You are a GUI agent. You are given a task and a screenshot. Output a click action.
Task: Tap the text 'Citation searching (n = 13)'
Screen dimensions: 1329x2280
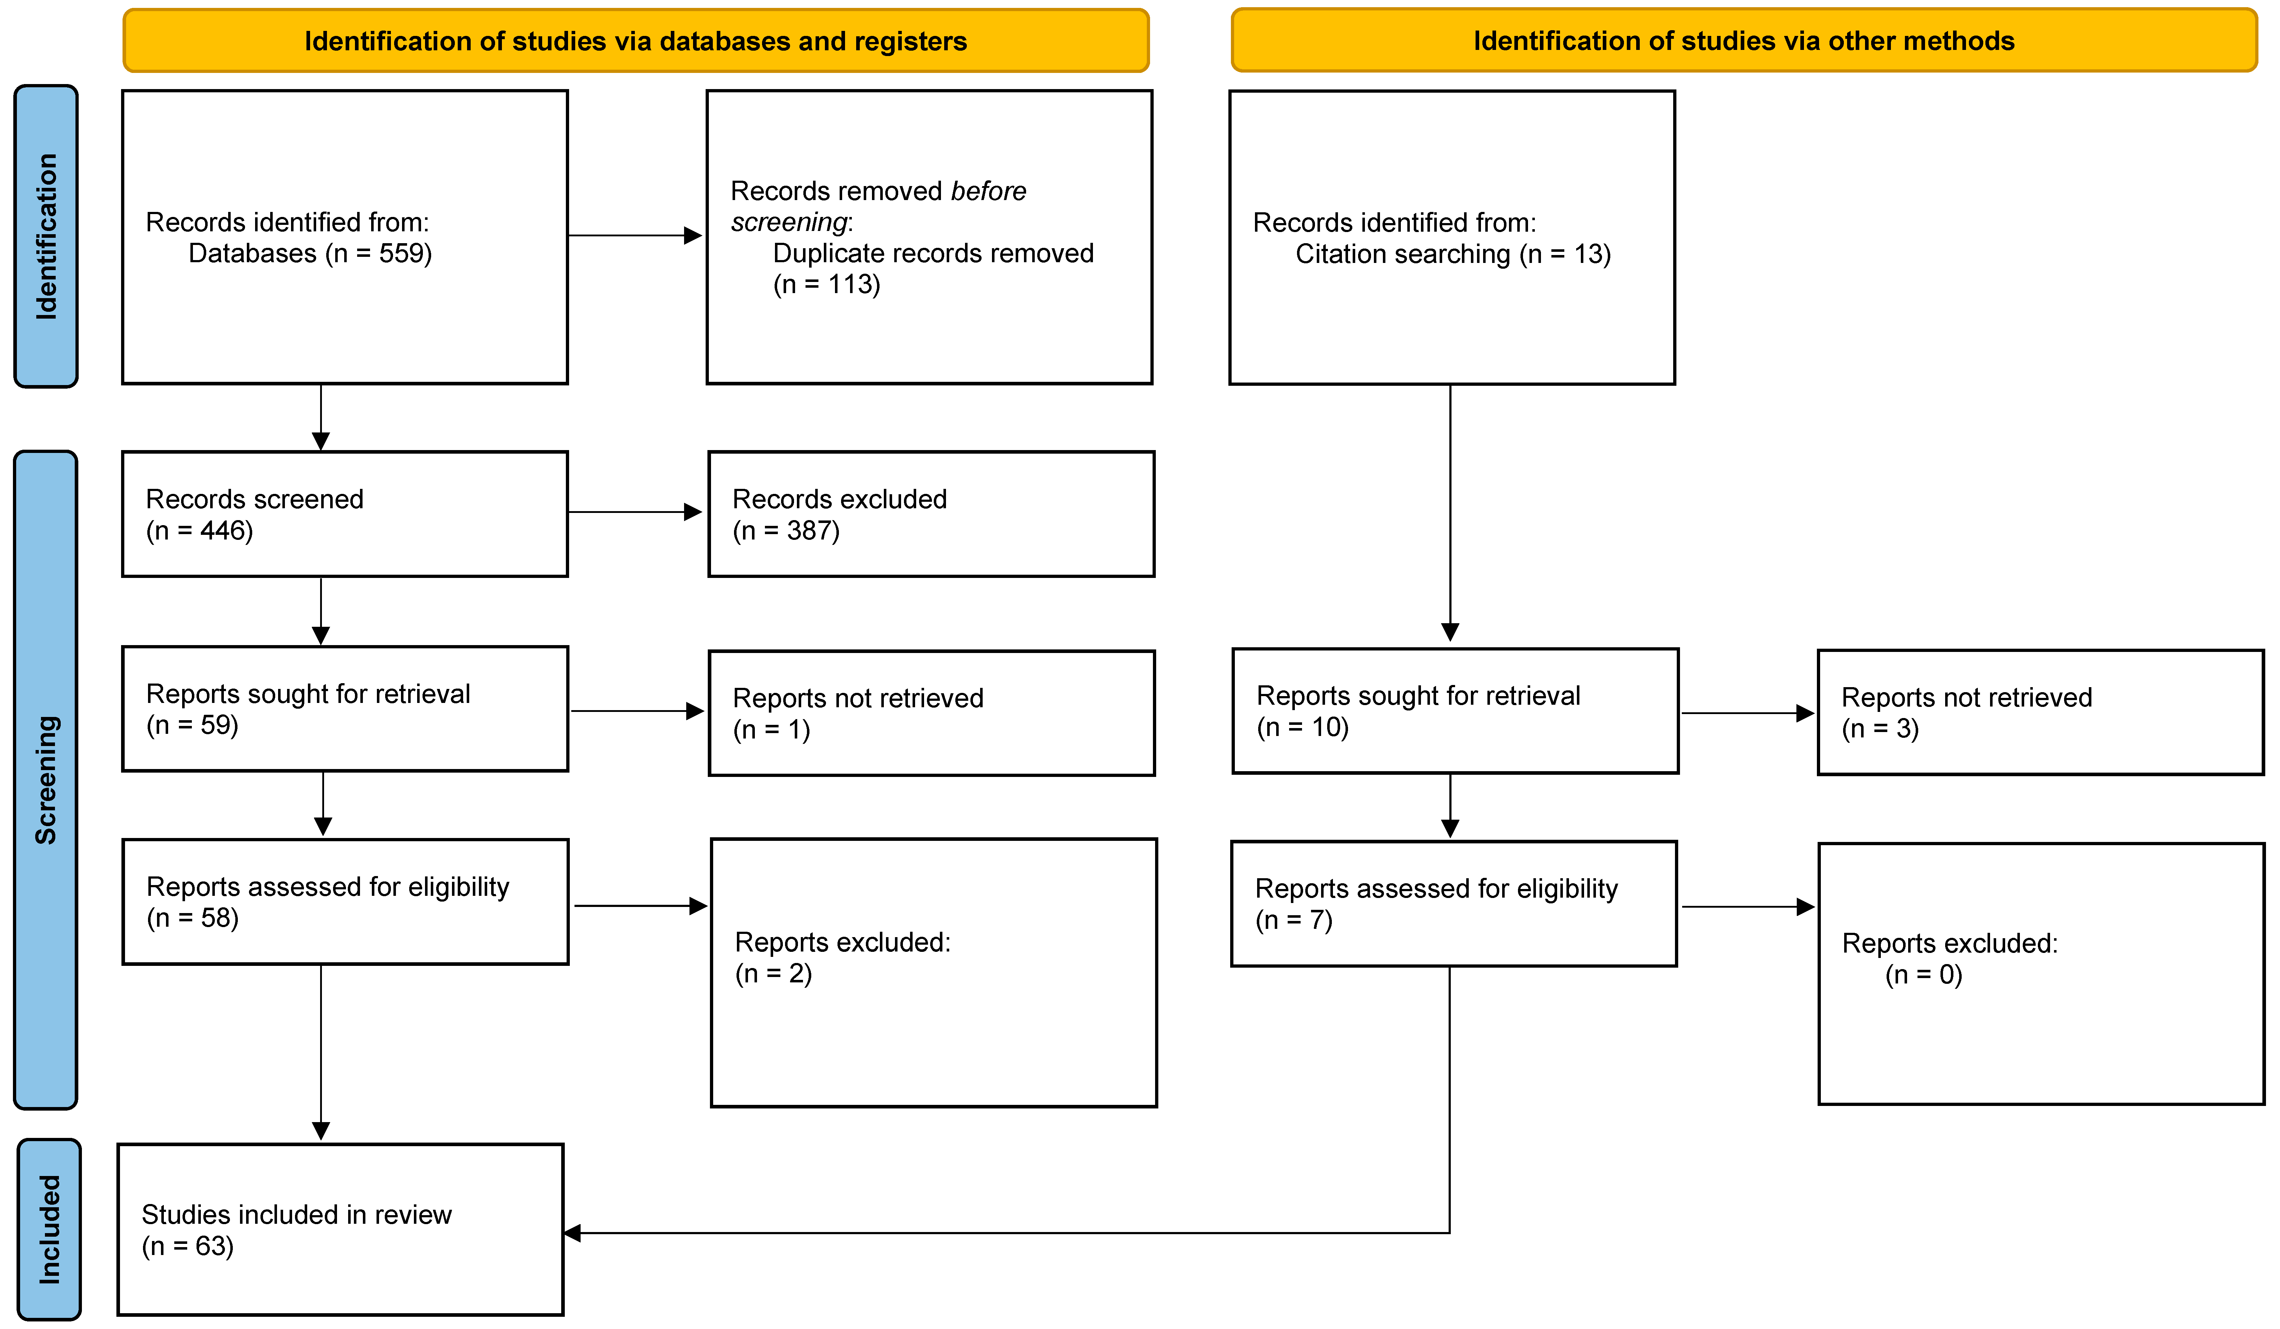pos(1452,254)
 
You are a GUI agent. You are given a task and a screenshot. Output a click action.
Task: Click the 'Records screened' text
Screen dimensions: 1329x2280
pos(254,499)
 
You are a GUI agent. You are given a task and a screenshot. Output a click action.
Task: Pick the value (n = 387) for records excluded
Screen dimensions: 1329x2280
pos(785,531)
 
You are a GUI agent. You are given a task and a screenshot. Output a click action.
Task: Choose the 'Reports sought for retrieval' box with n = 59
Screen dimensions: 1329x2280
pos(345,708)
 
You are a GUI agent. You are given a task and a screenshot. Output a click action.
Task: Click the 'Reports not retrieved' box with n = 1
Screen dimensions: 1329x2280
pos(931,713)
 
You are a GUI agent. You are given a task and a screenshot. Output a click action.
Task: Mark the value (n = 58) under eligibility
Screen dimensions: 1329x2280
pos(193,918)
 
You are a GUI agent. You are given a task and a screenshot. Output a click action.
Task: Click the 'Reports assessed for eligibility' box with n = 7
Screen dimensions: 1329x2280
pos(1453,904)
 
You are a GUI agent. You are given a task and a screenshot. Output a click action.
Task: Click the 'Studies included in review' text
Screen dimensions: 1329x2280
pos(296,1215)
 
